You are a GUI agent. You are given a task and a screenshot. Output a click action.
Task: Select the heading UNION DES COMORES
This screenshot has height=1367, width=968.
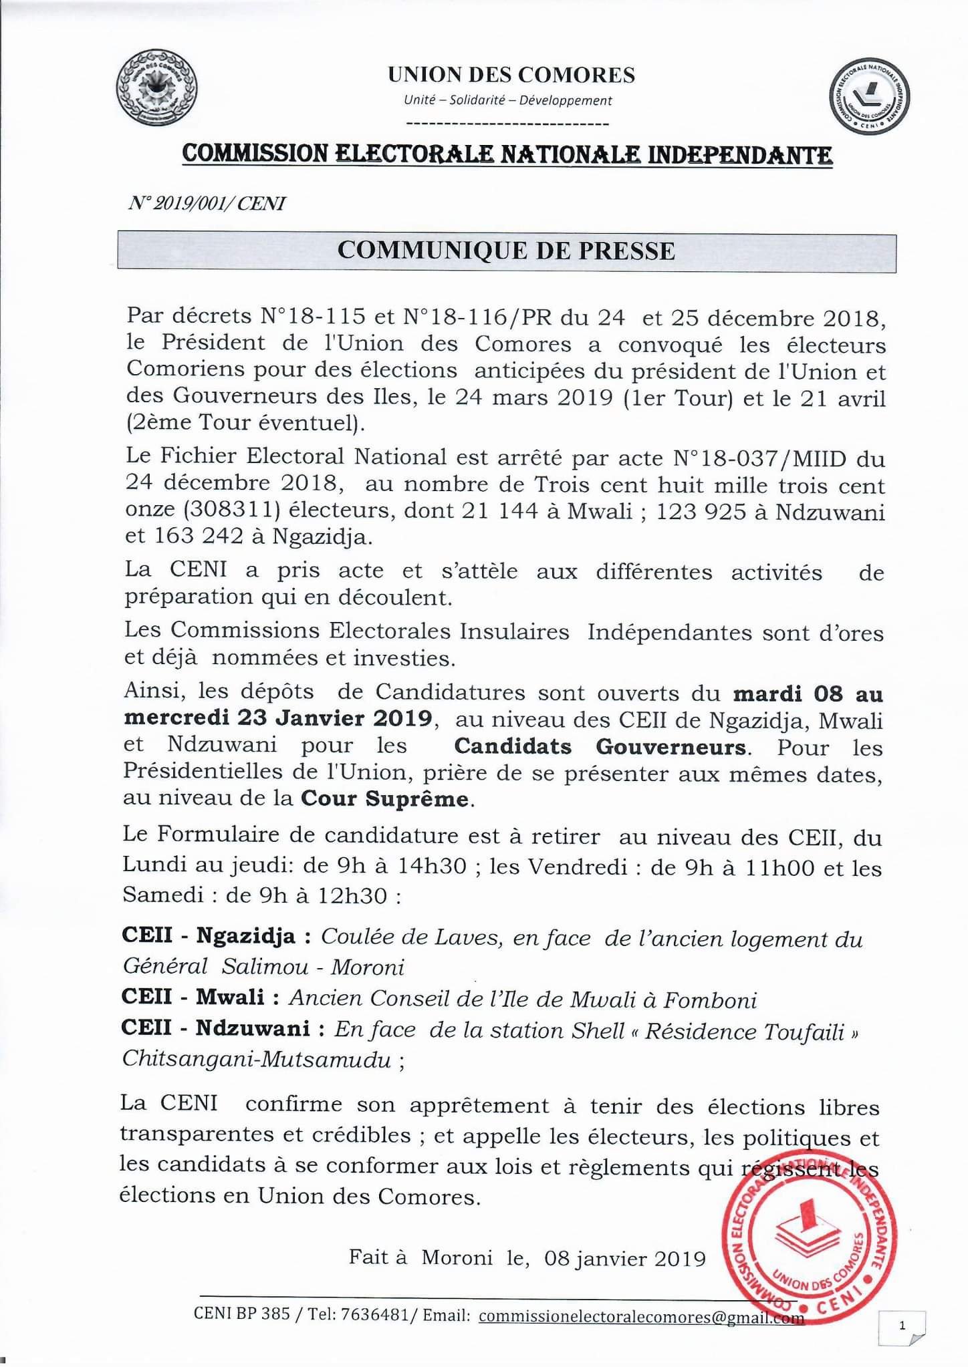click(x=511, y=75)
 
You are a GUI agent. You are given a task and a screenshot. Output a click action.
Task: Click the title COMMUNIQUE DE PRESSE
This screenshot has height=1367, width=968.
click(x=506, y=251)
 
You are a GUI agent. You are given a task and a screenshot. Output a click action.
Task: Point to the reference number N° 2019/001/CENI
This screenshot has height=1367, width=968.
click(x=207, y=204)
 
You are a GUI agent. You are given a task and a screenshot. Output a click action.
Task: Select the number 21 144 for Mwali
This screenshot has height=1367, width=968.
click(x=499, y=511)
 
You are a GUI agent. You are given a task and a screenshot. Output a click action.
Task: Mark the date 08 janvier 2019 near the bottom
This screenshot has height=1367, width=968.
click(x=625, y=1259)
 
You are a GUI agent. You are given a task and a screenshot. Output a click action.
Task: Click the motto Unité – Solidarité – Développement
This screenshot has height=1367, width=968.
click(x=507, y=101)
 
